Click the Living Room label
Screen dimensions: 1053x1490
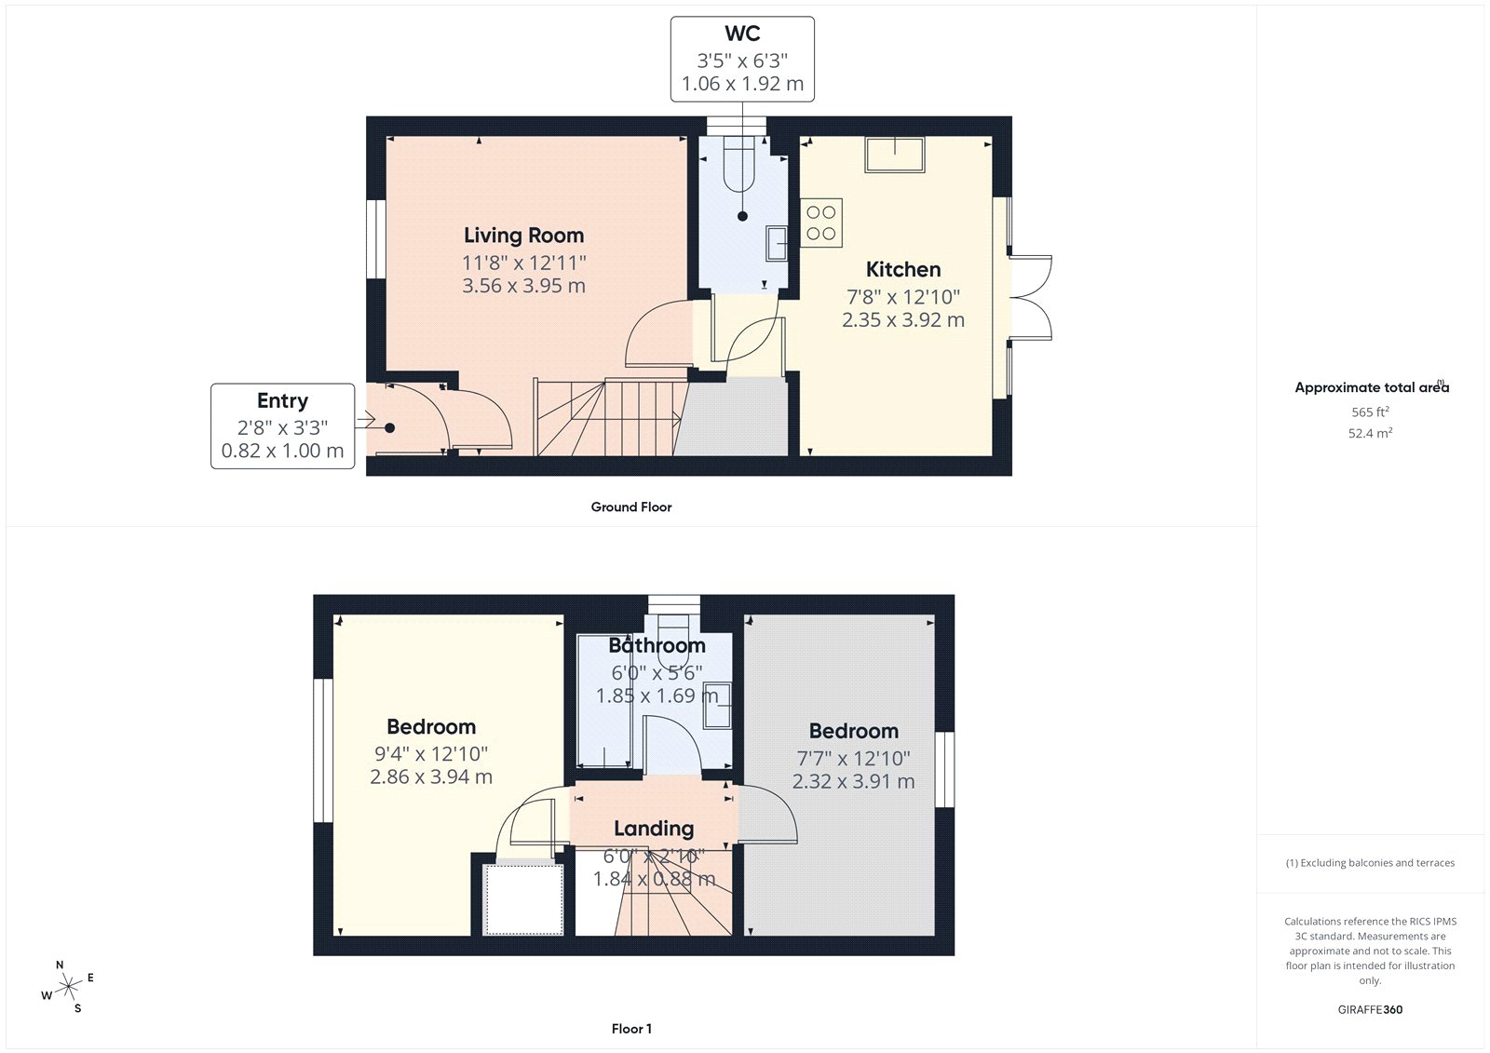(x=523, y=236)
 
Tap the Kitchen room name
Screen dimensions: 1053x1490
(x=903, y=270)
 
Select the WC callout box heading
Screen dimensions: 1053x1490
(x=742, y=34)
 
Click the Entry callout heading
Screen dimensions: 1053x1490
(x=282, y=400)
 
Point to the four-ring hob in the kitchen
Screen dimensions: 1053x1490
(x=821, y=223)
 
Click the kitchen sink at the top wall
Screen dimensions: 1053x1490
(x=895, y=155)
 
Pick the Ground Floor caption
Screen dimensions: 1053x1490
(x=630, y=507)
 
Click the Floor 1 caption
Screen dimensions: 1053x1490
(x=631, y=1029)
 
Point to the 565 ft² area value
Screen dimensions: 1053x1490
(x=1370, y=412)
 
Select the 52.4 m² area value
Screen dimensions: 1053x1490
(x=1370, y=433)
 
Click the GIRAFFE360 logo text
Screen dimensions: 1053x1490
(x=1370, y=1009)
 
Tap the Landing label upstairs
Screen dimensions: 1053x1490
(x=654, y=829)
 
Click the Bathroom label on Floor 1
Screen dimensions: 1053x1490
(x=657, y=645)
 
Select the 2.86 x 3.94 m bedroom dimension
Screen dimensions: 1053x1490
(x=431, y=776)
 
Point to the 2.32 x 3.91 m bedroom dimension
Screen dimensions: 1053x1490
(x=853, y=781)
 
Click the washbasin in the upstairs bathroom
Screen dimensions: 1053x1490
(x=717, y=705)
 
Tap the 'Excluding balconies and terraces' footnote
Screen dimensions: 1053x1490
(x=1370, y=863)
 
